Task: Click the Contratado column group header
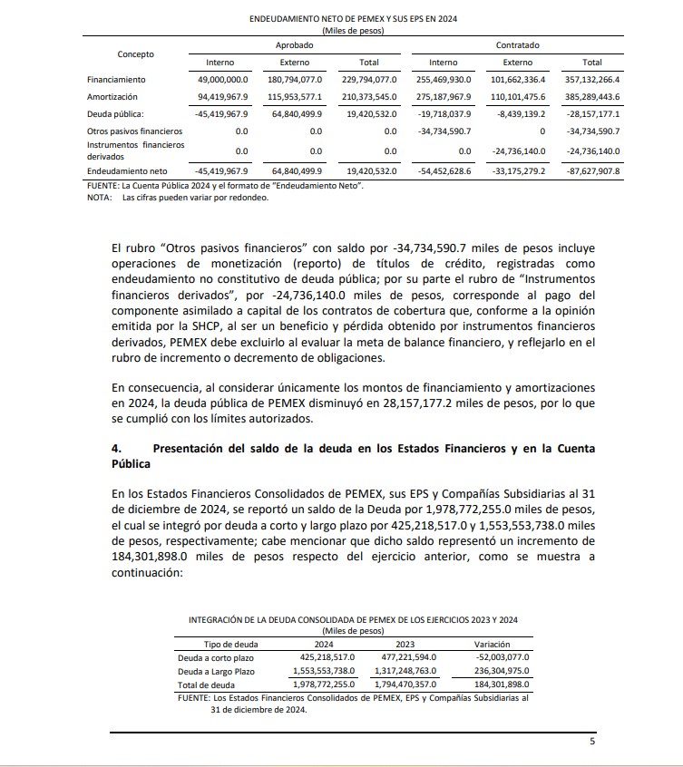[x=517, y=44]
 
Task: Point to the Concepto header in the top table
[x=136, y=53]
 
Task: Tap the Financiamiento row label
[x=116, y=79]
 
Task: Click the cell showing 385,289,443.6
[x=591, y=96]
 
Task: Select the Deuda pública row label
[x=114, y=115]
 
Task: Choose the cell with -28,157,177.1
[x=591, y=115]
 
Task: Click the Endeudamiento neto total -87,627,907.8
[x=591, y=170]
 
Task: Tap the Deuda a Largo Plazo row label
[x=218, y=671]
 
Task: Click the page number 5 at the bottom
[x=591, y=742]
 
